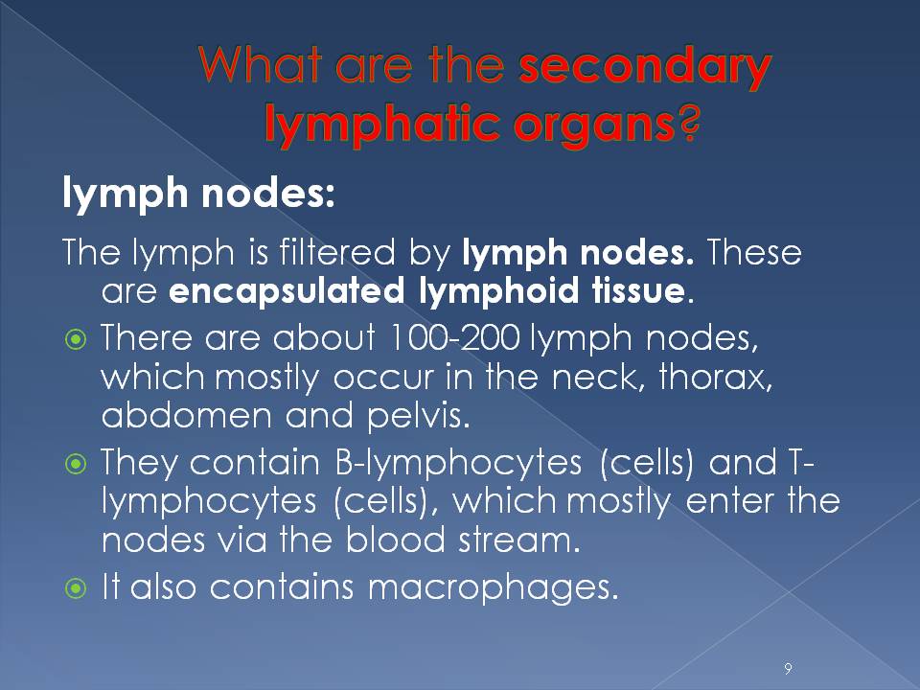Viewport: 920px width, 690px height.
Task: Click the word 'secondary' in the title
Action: tap(644, 69)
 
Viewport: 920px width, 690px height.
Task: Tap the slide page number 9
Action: tap(787, 666)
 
